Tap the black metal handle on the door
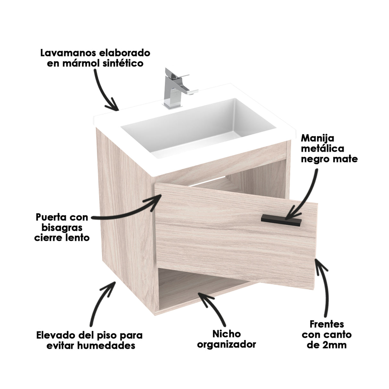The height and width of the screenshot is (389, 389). tap(281, 220)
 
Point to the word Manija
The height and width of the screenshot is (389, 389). tap(318, 138)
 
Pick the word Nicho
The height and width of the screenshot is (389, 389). tap(226, 334)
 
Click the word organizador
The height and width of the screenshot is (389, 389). tap(226, 344)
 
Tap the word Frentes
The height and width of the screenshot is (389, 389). tap(327, 324)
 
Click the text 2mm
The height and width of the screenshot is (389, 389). tap(335, 345)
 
